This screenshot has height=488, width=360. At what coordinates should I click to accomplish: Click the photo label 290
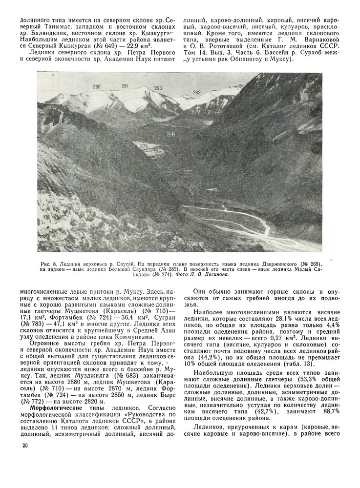97,86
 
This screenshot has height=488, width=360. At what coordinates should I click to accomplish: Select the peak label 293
158,88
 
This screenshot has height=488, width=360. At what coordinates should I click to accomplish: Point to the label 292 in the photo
197,92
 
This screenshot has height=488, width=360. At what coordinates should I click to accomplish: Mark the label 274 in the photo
144,145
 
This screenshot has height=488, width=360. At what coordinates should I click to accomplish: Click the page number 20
25,445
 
